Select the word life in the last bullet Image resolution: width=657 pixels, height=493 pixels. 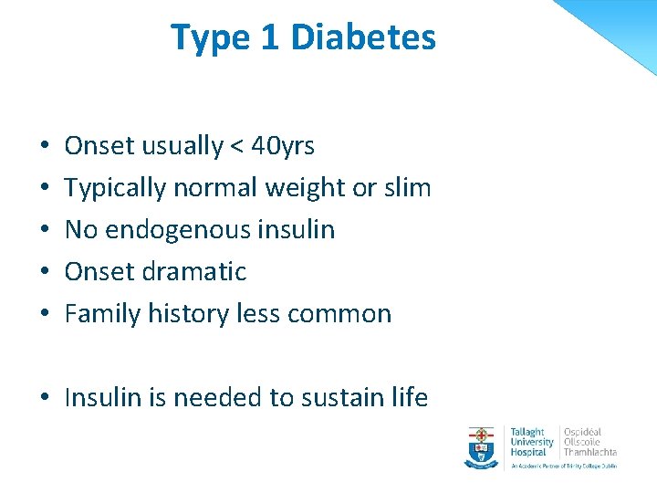407,397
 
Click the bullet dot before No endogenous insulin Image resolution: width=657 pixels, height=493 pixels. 45,230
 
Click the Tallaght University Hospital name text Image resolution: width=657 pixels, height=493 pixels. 532,441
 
